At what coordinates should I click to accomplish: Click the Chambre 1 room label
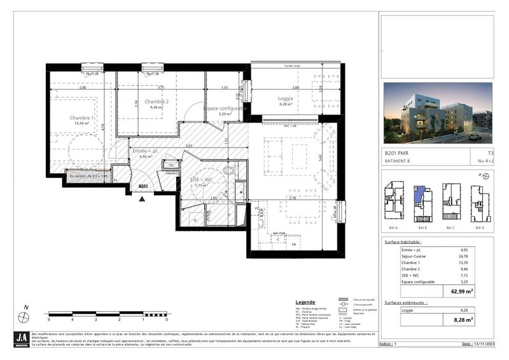(83, 118)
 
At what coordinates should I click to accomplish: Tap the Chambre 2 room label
(156, 102)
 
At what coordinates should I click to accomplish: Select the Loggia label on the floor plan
(285, 99)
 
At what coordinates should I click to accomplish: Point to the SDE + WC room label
(199, 179)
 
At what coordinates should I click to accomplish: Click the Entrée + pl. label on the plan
(144, 150)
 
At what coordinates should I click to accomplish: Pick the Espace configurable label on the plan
(225, 108)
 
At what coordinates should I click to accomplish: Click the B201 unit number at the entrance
(143, 186)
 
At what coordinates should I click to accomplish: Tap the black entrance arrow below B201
(143, 198)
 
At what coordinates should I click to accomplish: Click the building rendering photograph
(437, 113)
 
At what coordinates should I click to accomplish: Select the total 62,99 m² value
(463, 291)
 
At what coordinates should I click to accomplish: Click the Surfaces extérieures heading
(405, 302)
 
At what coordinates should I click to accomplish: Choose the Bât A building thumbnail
(393, 203)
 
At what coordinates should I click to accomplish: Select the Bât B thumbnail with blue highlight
(422, 203)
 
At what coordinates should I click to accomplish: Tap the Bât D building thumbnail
(480, 203)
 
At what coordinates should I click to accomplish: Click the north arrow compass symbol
(25, 315)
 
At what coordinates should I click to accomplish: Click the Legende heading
(305, 302)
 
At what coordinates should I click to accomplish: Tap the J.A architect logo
(22, 340)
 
